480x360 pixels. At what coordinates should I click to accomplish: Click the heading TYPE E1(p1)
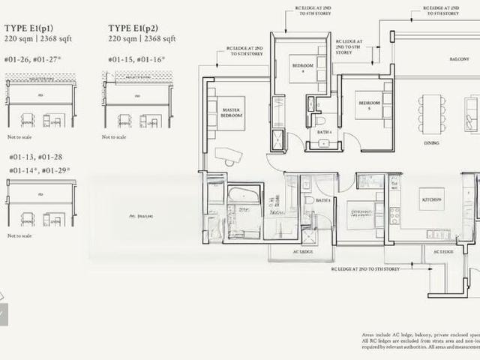pos(28,28)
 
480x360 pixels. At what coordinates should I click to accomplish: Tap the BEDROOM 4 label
pos(302,68)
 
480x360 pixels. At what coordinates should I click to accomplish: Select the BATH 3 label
pos(322,201)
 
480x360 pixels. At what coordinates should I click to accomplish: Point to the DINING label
pos(431,142)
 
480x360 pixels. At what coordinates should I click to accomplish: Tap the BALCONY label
pos(459,58)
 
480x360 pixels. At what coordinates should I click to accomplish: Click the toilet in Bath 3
pos(306,203)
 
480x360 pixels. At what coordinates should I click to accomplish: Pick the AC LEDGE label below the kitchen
pos(443,252)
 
